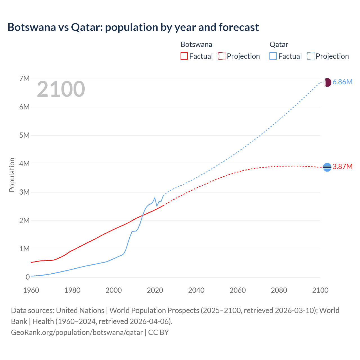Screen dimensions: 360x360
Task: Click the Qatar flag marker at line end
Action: point(327,82)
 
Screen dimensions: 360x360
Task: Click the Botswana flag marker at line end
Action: point(327,167)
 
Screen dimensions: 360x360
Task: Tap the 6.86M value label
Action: point(342,82)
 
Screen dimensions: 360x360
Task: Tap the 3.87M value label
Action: point(342,167)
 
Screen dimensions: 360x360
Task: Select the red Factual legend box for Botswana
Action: point(184,56)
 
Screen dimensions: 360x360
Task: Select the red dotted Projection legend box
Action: point(222,56)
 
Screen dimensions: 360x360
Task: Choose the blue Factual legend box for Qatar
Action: point(273,56)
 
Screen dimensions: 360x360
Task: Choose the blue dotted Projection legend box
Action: point(311,56)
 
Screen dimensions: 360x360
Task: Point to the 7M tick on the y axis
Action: point(24,78)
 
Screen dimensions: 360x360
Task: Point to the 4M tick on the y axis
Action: point(24,164)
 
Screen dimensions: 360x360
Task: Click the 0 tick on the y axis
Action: point(28,277)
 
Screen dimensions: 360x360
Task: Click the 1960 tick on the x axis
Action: point(31,290)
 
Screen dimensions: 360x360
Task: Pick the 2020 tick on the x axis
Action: point(155,290)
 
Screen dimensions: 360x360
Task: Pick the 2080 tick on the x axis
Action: point(279,290)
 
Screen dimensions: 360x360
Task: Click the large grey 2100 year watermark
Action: point(61,89)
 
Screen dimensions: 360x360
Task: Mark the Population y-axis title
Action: point(12,175)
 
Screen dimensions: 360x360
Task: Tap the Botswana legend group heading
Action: point(196,44)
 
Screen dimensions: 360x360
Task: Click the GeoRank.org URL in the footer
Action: point(77,332)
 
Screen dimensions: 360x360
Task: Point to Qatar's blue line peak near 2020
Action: point(155,198)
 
